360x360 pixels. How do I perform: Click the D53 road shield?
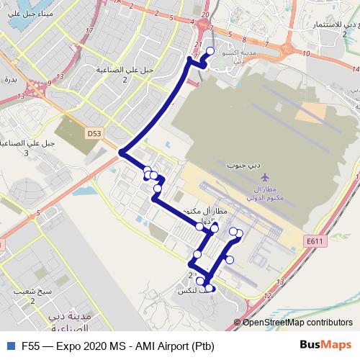94,133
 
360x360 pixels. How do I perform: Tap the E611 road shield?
315,243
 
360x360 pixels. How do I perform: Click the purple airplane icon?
264,176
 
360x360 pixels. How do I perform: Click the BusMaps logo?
325,345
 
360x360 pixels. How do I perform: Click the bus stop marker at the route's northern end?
211,50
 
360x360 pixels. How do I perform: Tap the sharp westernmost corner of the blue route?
122,153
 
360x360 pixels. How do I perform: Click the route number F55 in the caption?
30,345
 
